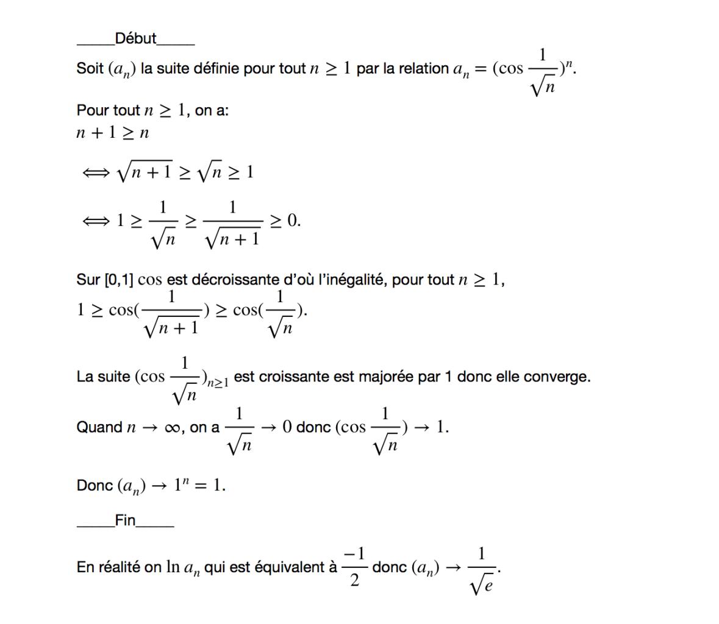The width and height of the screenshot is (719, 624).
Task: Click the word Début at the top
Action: pos(135,39)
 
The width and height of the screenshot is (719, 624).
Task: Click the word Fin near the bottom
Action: pos(125,521)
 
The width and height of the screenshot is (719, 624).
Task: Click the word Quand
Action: pos(99,427)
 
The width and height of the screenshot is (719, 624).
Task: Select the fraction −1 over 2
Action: pos(354,567)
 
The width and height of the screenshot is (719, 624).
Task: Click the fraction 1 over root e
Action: pos(482,569)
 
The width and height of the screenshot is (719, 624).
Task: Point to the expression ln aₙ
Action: pos(182,568)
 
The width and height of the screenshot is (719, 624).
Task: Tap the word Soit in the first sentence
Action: pos(90,68)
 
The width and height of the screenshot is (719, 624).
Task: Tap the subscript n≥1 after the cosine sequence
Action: pos(218,383)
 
